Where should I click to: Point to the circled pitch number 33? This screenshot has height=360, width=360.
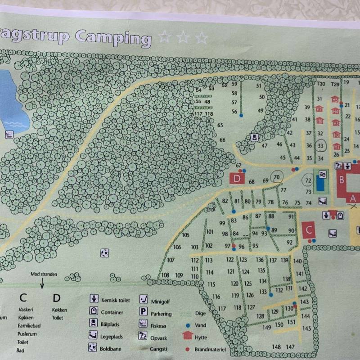point(320,146)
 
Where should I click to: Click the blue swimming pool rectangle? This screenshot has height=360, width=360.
point(320,183)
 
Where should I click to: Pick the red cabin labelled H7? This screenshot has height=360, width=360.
point(319,109)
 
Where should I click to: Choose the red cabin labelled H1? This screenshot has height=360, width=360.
point(337,147)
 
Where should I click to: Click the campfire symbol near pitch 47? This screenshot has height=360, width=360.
point(255,137)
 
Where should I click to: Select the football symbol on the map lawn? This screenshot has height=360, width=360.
point(104,253)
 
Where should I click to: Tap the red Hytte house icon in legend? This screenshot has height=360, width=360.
point(188,336)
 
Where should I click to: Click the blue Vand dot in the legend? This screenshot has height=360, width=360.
point(187,324)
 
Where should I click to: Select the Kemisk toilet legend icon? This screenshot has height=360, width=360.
point(94,299)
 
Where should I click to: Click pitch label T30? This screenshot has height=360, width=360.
point(321,84)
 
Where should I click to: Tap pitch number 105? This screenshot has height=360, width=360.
point(186,235)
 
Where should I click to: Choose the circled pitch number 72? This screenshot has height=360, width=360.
point(308,181)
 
